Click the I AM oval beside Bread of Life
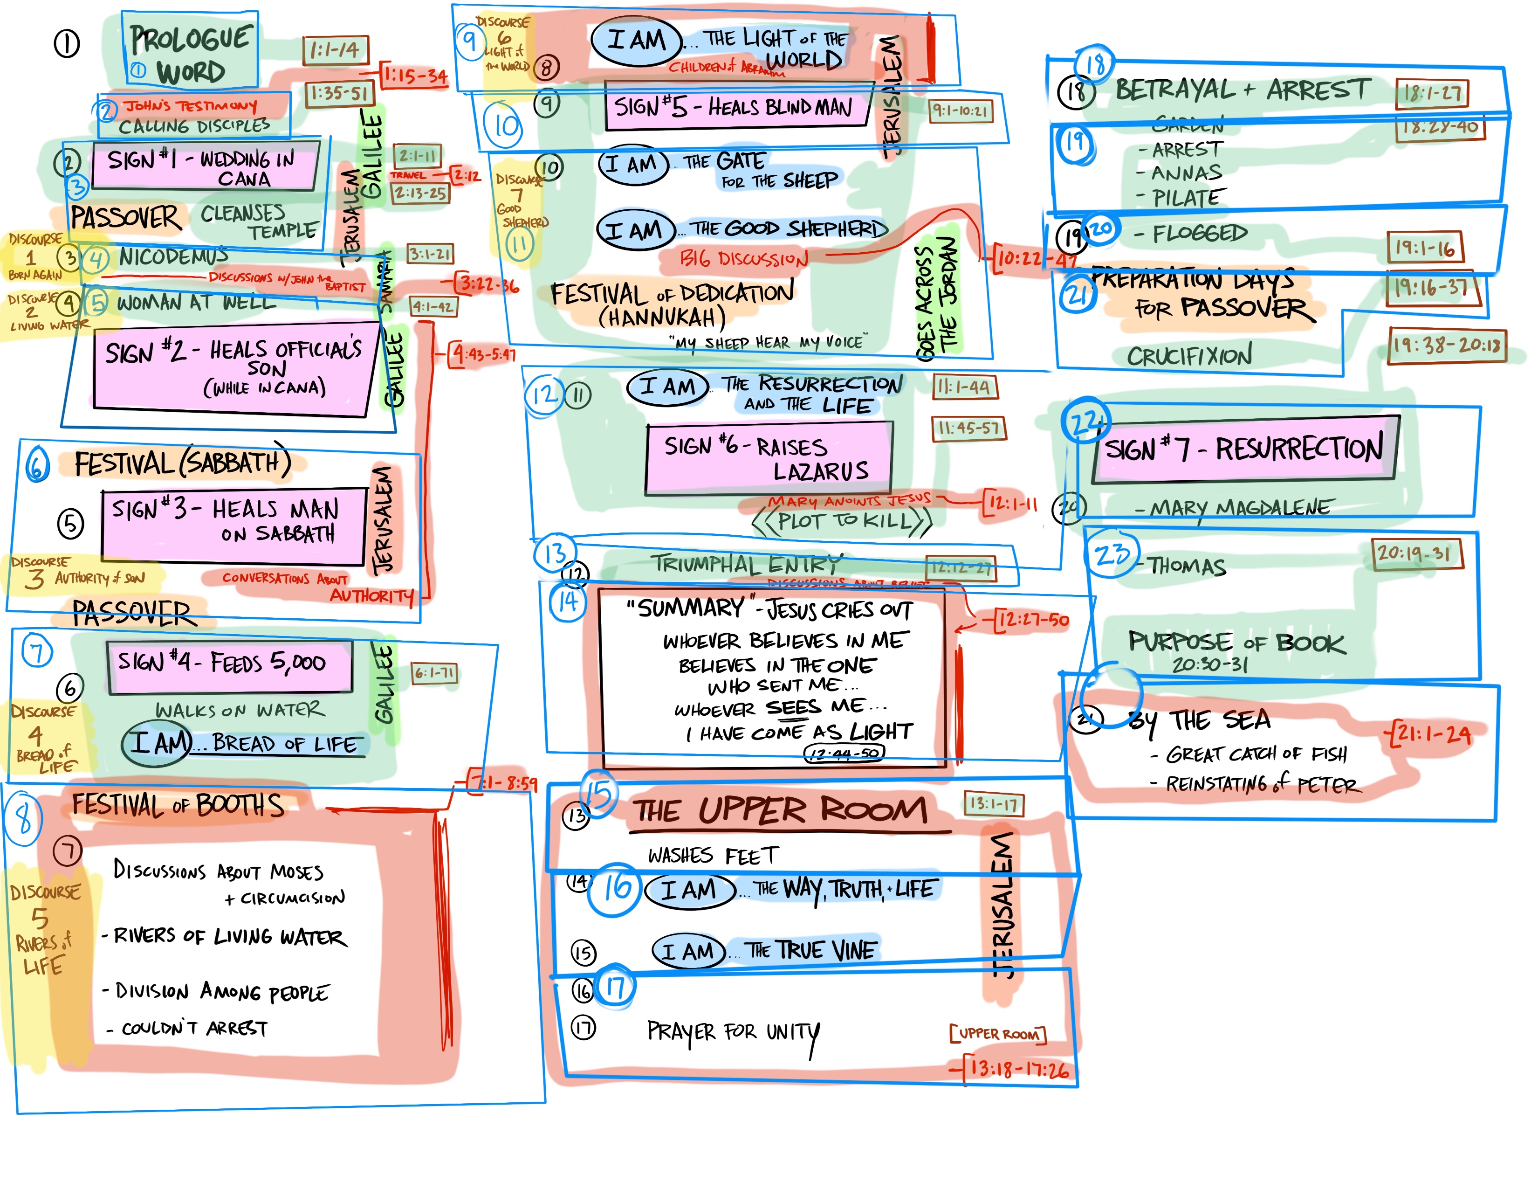coord(156,743)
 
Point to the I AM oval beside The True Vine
coord(688,952)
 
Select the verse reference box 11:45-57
coord(968,428)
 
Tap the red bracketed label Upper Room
coord(997,1033)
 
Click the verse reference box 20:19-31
coord(1416,553)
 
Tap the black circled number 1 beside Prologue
coord(67,44)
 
